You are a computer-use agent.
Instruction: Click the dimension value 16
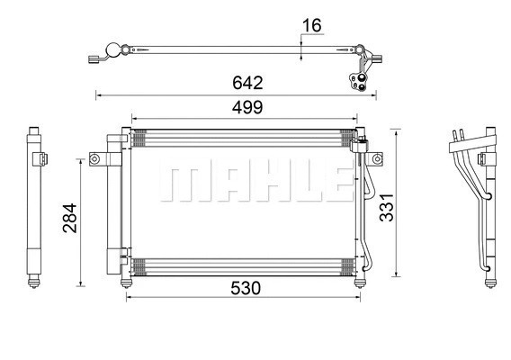310,25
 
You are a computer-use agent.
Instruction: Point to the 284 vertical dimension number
69,218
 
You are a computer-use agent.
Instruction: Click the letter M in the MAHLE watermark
179,183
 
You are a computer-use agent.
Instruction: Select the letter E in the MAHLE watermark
332,183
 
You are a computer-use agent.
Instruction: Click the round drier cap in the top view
114,51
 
